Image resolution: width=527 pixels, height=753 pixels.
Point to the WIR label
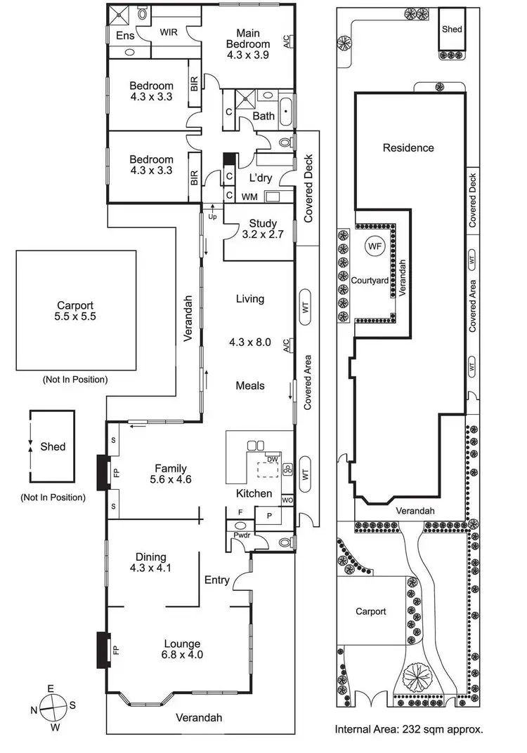169,32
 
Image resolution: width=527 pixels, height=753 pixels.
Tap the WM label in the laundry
249,197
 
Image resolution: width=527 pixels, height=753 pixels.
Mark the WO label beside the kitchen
287,500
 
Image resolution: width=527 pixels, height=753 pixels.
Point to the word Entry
217,580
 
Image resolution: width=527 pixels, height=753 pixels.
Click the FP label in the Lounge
116,650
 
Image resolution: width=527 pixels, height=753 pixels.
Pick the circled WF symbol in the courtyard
374,246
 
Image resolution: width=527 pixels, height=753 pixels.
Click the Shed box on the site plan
450,29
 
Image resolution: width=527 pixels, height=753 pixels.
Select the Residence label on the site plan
408,148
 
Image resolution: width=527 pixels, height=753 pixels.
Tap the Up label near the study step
212,216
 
